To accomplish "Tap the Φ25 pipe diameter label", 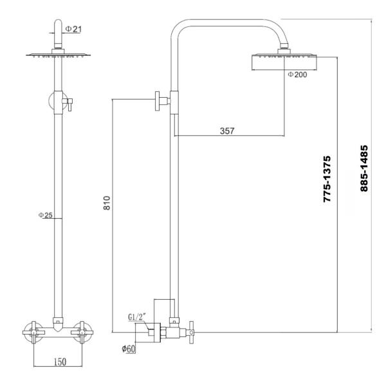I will tap(45, 215).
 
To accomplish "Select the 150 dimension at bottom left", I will tap(58, 363).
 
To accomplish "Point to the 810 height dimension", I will tap(107, 205).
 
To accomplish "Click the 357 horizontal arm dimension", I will tap(226, 131).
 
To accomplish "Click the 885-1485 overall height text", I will tap(364, 168).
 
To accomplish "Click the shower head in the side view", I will tap(284, 61).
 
